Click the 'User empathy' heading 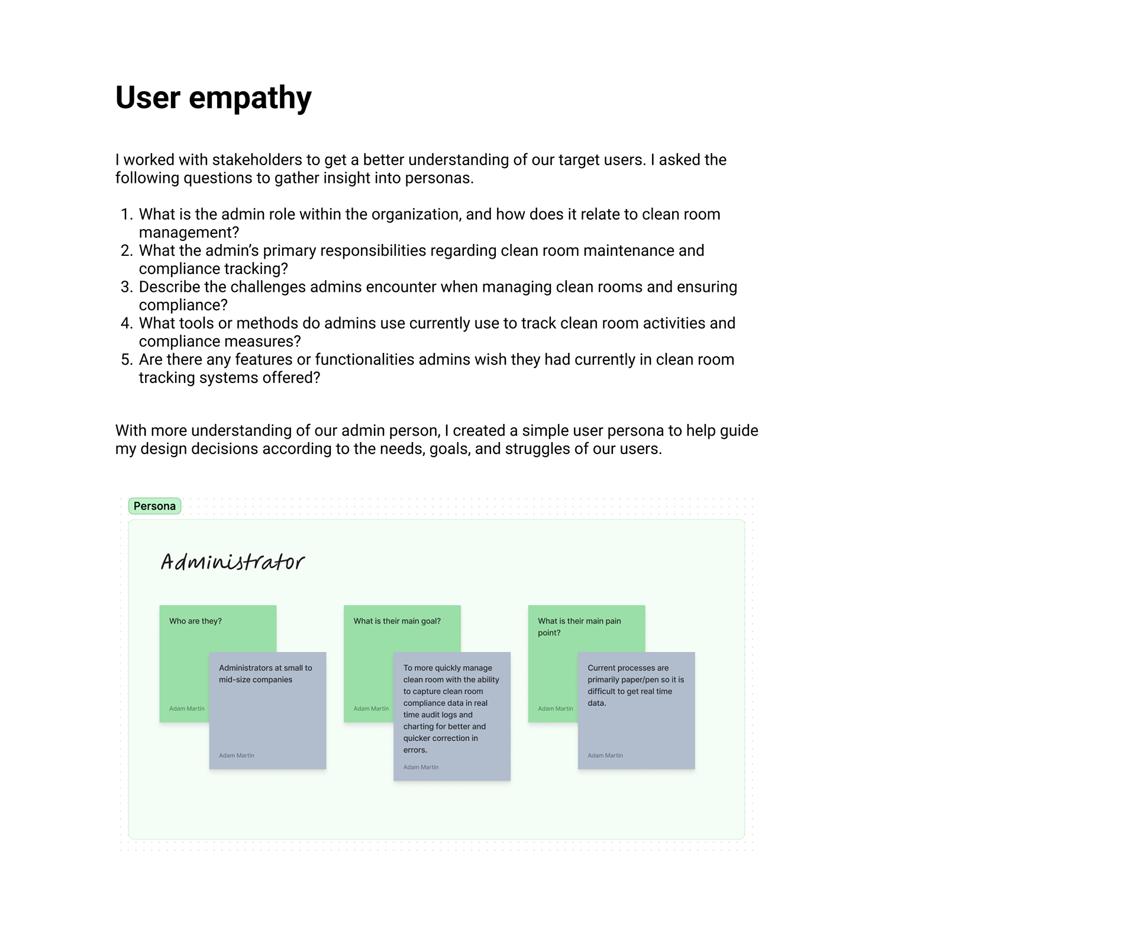[x=213, y=98]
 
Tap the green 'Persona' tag [x=154, y=506]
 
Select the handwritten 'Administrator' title [x=233, y=562]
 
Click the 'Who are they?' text [x=195, y=621]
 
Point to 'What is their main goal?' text [x=397, y=621]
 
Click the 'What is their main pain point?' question [x=579, y=626]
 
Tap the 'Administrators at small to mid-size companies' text [x=265, y=674]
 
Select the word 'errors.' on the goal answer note [x=415, y=750]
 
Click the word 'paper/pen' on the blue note [x=640, y=680]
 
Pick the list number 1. [x=126, y=214]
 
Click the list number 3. [x=126, y=287]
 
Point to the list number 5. [x=126, y=360]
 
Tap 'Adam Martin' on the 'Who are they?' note [x=186, y=709]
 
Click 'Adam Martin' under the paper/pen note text [x=605, y=755]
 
